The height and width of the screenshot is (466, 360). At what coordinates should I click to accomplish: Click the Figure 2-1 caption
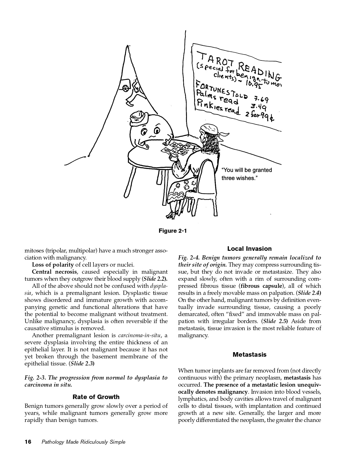[173, 231]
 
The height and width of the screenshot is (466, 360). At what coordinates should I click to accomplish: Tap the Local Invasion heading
[249, 249]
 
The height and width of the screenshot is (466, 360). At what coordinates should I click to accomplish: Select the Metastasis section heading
[249, 354]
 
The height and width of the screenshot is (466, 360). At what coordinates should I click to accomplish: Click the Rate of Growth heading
[96, 397]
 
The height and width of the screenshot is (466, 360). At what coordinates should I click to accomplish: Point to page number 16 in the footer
[29, 442]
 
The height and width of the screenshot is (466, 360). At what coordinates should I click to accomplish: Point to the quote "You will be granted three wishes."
[246, 174]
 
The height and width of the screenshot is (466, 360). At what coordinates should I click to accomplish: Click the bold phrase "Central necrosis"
[54, 272]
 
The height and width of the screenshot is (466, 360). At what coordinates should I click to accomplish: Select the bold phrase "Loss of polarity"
[53, 265]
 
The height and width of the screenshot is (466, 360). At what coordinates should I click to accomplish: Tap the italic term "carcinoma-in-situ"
[139, 336]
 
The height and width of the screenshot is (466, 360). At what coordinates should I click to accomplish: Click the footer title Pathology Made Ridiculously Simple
[83, 442]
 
